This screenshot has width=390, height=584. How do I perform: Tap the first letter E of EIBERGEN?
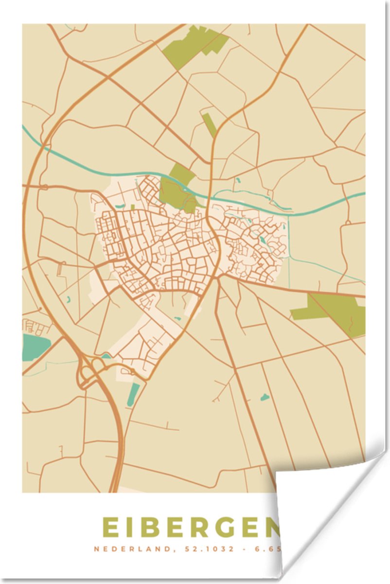point(111,528)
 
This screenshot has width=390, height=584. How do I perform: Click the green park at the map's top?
point(195,46)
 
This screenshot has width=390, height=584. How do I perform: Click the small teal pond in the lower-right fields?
point(265,397)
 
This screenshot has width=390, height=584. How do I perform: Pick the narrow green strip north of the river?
point(210,124)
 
